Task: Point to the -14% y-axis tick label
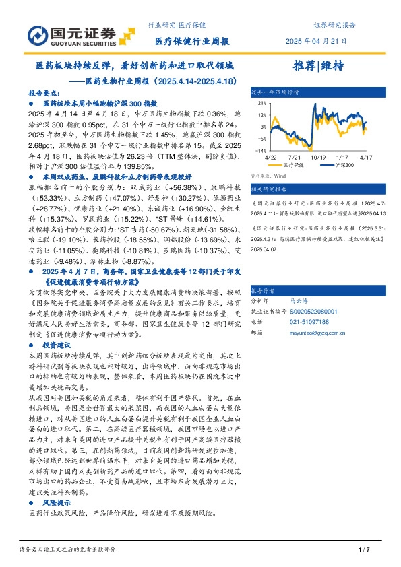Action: (259, 151)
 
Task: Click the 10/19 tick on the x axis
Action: (319, 156)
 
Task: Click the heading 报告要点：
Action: (42, 94)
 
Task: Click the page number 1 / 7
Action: (365, 549)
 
